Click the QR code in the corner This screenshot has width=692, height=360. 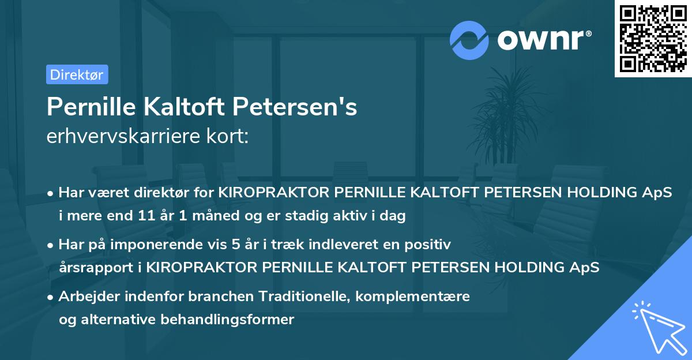pyautogui.click(x=652, y=39)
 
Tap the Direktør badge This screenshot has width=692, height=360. pyautogui.click(x=77, y=74)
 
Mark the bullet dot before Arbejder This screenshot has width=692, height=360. pyautogui.click(x=51, y=297)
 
